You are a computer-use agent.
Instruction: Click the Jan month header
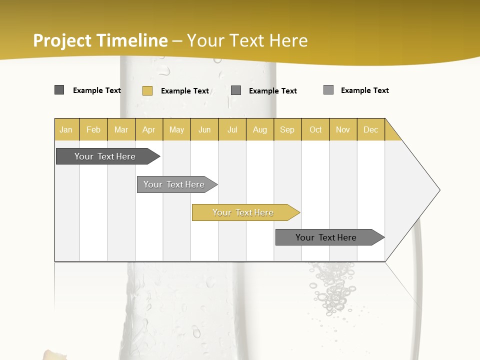(66, 129)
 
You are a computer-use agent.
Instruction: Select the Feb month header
(93, 129)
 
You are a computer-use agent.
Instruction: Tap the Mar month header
(121, 129)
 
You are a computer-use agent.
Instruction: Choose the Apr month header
(149, 129)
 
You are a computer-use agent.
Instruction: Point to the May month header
(176, 129)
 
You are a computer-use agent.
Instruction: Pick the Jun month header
(204, 129)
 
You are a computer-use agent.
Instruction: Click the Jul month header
(232, 129)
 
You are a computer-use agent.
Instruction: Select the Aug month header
(260, 129)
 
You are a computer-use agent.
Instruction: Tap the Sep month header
(287, 129)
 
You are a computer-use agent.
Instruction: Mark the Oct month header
(315, 129)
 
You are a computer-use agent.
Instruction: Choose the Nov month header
(343, 129)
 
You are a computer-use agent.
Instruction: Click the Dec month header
(371, 129)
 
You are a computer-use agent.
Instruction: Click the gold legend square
(147, 90)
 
